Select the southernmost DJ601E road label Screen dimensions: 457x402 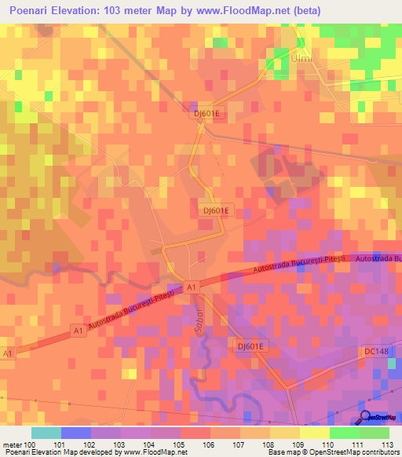252,345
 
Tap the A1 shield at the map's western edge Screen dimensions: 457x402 8,354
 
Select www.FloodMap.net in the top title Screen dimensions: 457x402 239,10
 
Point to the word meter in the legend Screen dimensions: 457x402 11,444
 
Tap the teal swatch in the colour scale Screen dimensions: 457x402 46,433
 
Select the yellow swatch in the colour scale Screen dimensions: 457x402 315,433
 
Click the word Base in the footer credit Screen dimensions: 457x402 276,452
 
